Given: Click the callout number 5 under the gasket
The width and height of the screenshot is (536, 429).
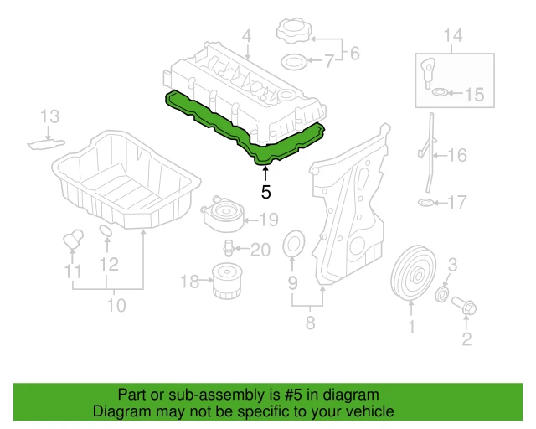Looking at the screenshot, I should click(x=265, y=192).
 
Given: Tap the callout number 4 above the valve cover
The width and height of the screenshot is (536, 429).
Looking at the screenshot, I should click(x=247, y=37).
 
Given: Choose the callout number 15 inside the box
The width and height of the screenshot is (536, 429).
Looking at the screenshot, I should click(x=474, y=95).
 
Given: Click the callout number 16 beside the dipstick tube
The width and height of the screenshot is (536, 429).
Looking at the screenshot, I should click(x=456, y=155).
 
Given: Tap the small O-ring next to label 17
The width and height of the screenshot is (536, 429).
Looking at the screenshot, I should click(x=425, y=202).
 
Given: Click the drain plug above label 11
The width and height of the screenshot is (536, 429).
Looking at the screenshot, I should click(x=72, y=239).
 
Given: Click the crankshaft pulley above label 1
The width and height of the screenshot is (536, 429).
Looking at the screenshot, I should click(x=410, y=274).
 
